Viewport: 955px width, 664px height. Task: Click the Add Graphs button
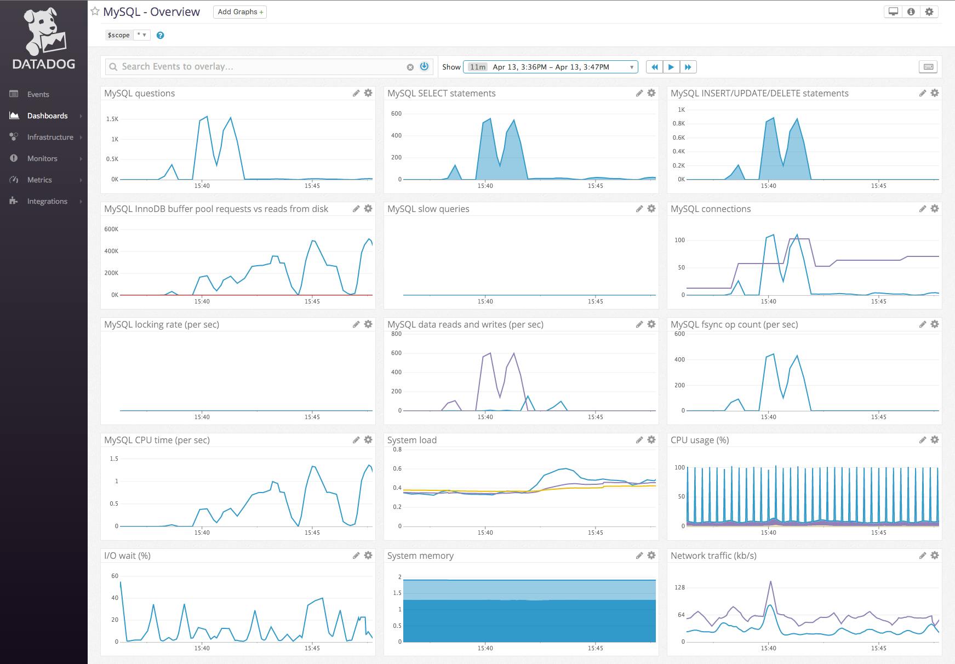coord(240,12)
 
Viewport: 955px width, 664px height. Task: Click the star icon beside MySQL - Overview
coord(95,12)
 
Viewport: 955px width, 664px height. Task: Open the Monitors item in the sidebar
coord(42,158)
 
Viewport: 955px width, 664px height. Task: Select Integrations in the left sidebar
coord(47,201)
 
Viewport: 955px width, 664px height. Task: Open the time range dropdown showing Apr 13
coord(550,67)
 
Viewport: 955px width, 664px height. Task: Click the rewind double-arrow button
coord(654,67)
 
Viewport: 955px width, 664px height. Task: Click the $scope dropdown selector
coord(142,35)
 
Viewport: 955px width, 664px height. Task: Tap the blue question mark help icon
coord(160,36)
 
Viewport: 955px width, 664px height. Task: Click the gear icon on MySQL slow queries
coord(651,209)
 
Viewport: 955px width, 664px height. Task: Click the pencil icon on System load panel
coord(639,440)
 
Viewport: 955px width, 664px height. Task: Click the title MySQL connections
coord(710,209)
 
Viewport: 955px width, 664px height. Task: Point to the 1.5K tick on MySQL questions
coord(112,119)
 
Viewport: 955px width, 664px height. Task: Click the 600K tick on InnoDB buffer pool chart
coord(111,230)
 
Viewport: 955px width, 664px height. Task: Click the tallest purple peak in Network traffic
coord(770,582)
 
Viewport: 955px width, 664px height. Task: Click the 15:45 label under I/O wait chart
coord(312,648)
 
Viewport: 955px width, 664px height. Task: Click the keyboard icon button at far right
coord(928,67)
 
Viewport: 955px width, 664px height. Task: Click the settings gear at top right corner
coord(929,12)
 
